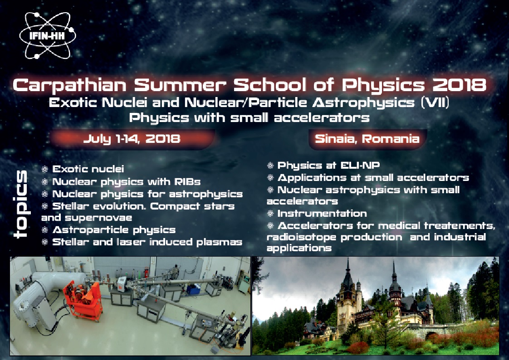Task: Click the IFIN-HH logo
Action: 47,35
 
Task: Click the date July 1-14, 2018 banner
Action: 132,139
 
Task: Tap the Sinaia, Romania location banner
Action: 367,139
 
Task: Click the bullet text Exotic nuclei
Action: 88,169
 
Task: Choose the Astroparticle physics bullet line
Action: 114,230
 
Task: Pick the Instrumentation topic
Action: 322,214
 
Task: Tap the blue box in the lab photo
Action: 194,289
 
